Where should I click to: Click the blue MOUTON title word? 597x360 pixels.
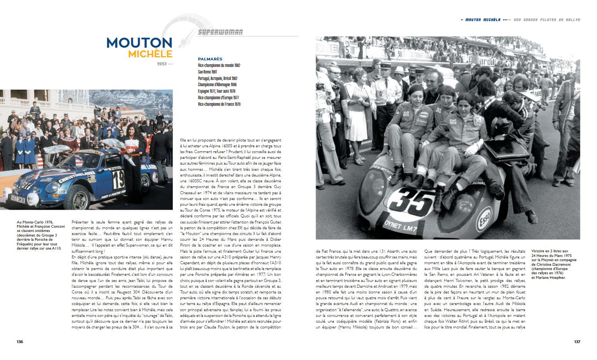[139, 43]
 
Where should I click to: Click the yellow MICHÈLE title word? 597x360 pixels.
[150, 54]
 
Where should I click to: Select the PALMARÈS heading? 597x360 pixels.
[210, 59]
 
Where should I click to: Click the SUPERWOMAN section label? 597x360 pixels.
[221, 32]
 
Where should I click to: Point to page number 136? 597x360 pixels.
[20, 342]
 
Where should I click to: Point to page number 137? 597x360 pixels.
[577, 342]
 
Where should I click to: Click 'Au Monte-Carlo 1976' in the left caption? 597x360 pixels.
[35, 222]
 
